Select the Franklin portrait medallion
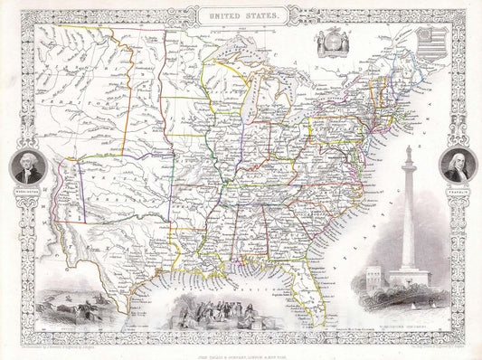456,166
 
